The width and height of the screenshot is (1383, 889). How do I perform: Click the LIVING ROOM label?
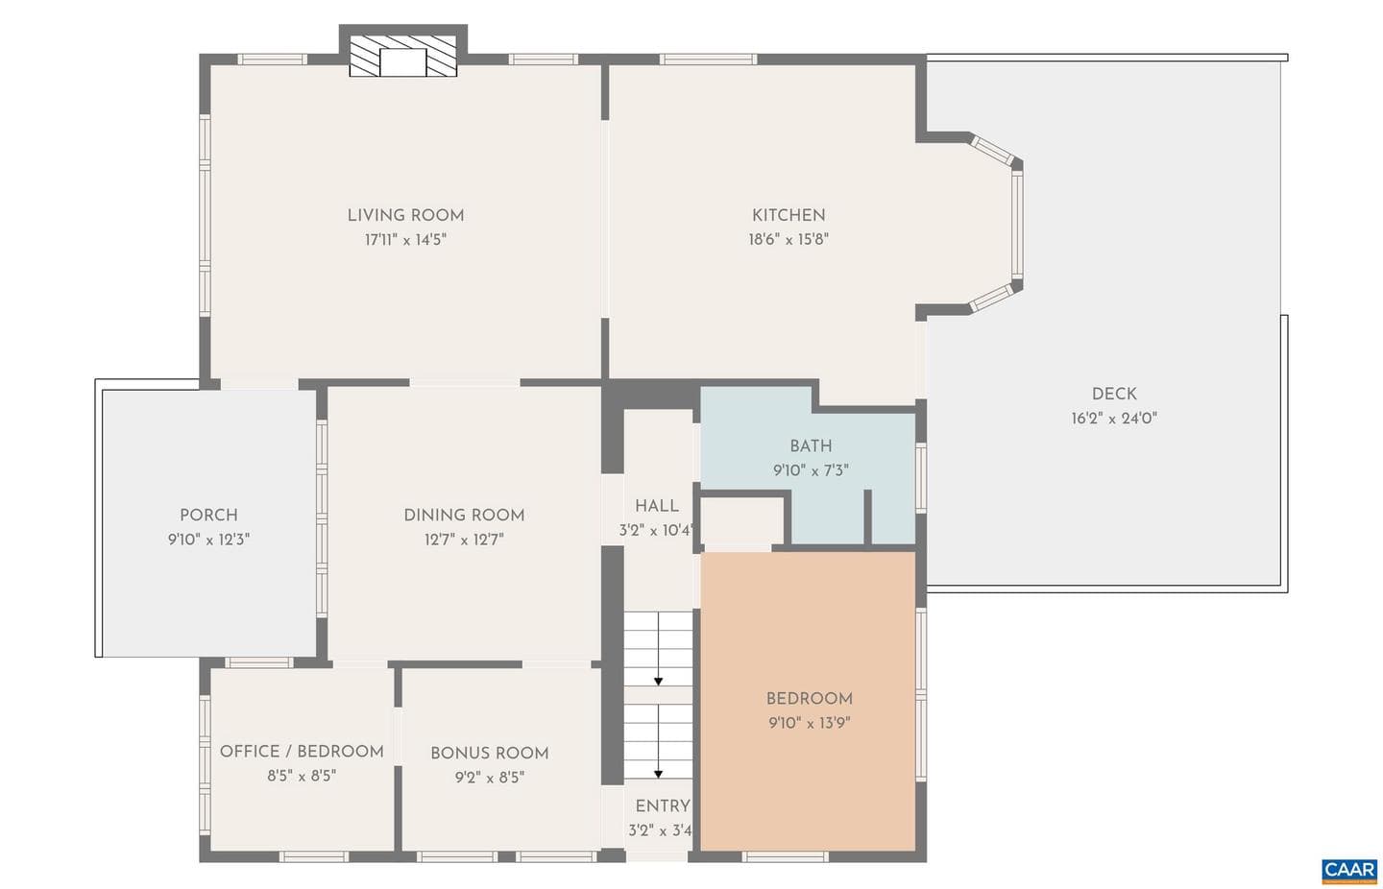pos(405,215)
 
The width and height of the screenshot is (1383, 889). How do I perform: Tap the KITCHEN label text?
pos(789,215)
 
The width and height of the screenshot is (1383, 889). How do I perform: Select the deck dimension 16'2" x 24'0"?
pos(1114,419)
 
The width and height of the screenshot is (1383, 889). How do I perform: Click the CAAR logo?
pos(1349,871)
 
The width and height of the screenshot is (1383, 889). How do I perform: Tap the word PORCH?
pos(208,515)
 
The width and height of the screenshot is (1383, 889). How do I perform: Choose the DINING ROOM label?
pos(464,515)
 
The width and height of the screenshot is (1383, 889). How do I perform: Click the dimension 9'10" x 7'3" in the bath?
pos(811,470)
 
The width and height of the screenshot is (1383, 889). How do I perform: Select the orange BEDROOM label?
pos(810,699)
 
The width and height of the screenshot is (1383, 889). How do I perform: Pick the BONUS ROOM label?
pos(490,754)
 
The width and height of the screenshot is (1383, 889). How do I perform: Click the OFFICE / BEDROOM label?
pos(302,752)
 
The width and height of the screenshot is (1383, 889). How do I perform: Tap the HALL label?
pos(657,506)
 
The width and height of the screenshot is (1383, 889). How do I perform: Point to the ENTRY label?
pos(663,806)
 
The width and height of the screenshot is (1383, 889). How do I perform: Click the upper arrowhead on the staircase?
pos(658,682)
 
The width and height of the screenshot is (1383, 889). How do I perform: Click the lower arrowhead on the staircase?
pos(658,774)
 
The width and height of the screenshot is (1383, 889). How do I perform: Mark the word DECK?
pos(1114,394)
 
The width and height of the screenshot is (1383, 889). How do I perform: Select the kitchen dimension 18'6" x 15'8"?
pos(789,240)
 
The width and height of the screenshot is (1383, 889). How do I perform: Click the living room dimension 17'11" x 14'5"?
pos(405,240)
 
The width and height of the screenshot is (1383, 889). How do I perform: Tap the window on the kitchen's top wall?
pos(708,60)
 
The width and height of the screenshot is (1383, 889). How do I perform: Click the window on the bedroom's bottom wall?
pos(785,856)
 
